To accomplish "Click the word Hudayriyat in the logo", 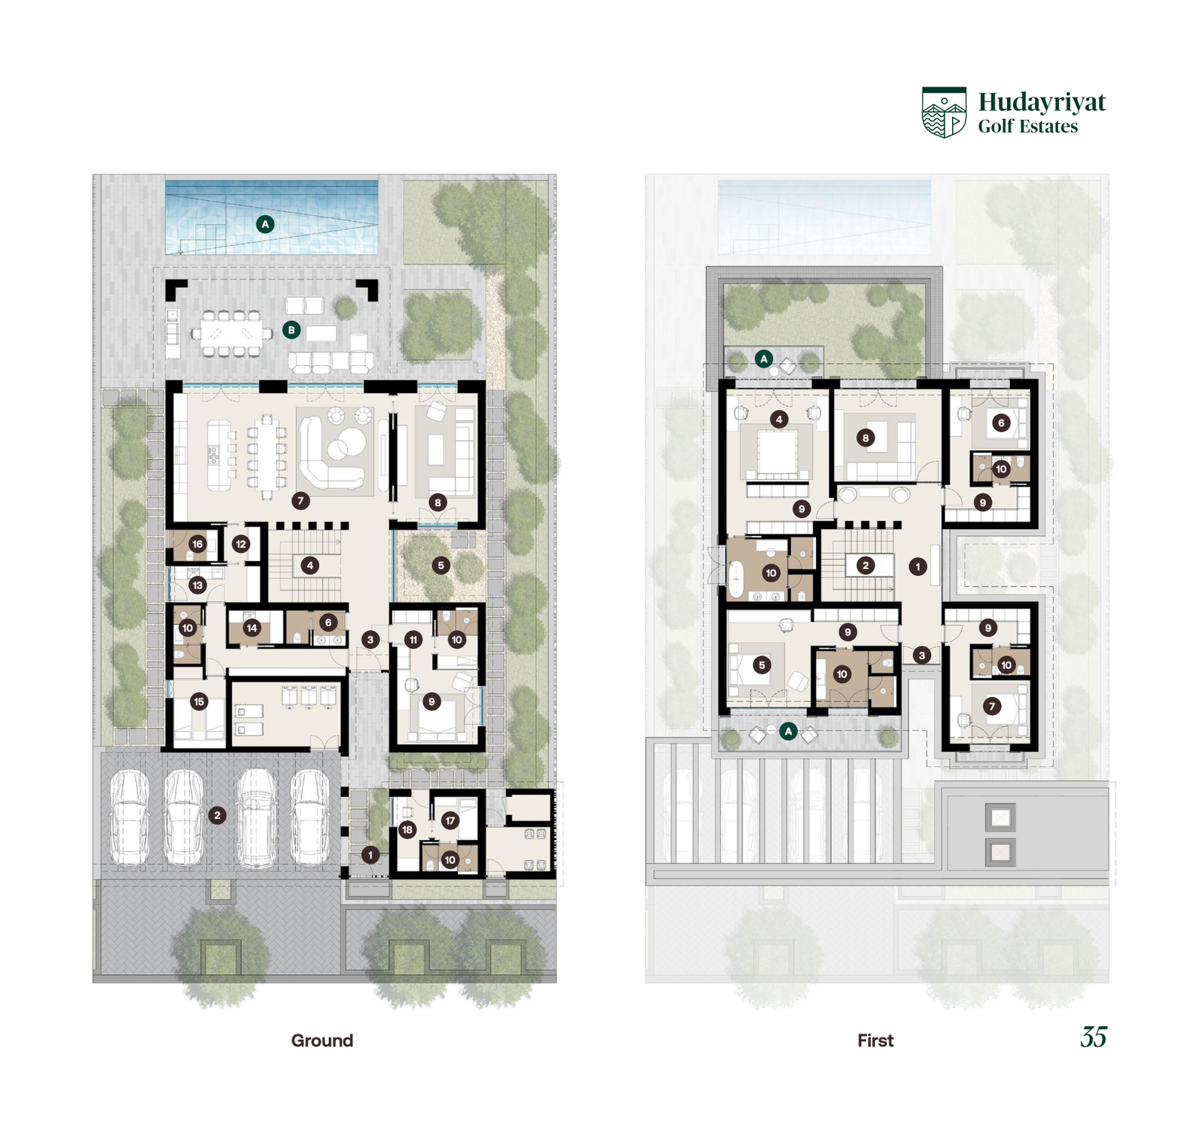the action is (1041, 102).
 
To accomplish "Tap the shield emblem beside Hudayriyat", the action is (944, 112).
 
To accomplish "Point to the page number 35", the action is (1094, 1037).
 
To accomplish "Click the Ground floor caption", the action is (322, 1040).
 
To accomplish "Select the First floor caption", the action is (875, 1040).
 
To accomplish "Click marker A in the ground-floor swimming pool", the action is (265, 224).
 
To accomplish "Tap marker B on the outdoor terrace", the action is (292, 330).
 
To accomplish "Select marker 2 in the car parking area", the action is (217, 816).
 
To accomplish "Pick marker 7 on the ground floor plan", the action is (300, 501).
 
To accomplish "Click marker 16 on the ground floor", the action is (197, 544).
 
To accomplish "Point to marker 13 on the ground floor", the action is (197, 586).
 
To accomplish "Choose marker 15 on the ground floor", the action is (199, 702).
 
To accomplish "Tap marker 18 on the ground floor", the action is (407, 830).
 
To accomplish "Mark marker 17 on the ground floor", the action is (450, 821).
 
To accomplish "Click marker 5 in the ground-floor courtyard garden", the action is (441, 566).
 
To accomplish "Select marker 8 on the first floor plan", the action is (865, 438).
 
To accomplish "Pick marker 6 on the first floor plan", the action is (1001, 423).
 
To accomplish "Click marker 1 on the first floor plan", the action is (918, 566).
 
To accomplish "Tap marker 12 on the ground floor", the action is (241, 544).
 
